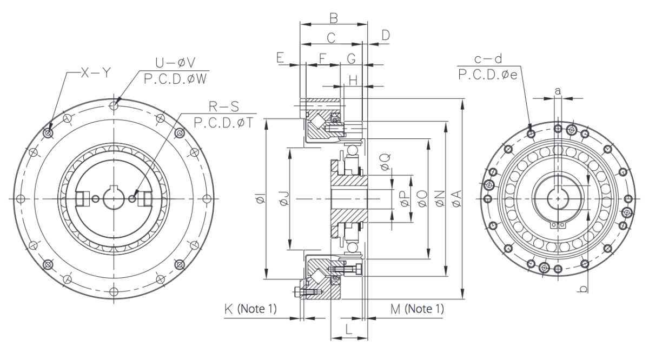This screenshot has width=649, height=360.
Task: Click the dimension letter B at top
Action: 334,18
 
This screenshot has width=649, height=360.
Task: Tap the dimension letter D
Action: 385,35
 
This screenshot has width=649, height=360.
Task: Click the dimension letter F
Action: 322,57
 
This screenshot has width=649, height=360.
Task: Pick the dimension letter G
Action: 351,57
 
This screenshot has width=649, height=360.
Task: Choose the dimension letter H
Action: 353,80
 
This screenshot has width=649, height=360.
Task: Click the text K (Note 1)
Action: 250,309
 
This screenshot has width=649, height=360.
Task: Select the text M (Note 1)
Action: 416,309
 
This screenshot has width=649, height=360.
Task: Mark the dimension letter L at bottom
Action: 349,329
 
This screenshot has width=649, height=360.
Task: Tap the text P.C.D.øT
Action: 221,123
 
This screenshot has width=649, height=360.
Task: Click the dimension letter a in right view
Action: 557,91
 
